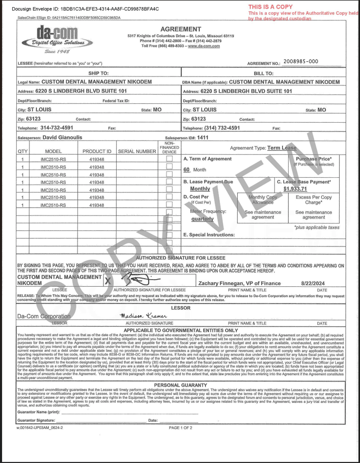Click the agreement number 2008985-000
(x=300, y=62)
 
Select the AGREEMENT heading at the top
(x=181, y=29)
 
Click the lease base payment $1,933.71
(x=299, y=189)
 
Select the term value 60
(x=186, y=169)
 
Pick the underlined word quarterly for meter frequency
(x=202, y=219)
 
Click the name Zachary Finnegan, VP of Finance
(x=239, y=283)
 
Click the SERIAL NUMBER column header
(x=136, y=151)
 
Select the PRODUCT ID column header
(x=97, y=151)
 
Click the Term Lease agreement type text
(x=282, y=148)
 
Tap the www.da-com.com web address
(x=204, y=46)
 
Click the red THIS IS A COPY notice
(x=270, y=7)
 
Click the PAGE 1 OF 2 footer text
(x=181, y=428)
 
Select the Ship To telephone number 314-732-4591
(x=57, y=128)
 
